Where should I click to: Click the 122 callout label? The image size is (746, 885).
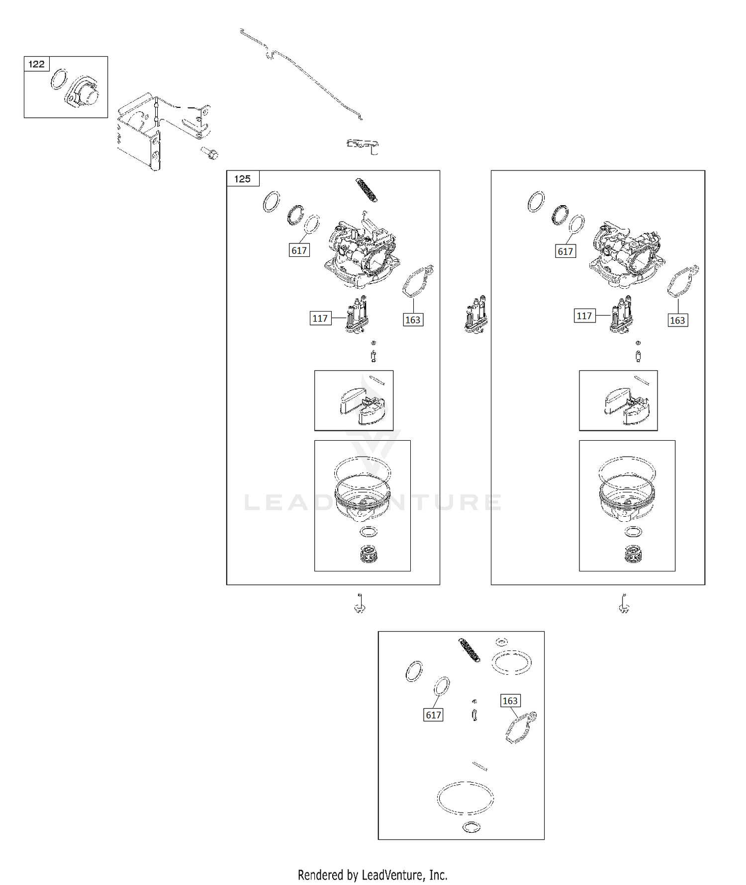tap(36, 64)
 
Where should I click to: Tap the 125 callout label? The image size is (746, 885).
tap(243, 179)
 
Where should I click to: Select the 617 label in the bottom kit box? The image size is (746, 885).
tap(433, 715)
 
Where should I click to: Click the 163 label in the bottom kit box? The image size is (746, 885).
tap(510, 701)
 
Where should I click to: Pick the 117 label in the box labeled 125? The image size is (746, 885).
tap(320, 318)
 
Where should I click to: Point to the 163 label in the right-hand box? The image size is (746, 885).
tap(677, 321)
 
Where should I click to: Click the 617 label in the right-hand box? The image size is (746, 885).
tap(565, 251)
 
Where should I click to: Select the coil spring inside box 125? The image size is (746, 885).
tap(367, 190)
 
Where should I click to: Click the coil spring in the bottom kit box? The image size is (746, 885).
tap(470, 650)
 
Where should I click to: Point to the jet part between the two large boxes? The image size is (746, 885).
tap(476, 314)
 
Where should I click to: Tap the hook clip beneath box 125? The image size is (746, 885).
tap(360, 604)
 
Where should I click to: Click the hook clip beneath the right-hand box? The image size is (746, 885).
tap(625, 604)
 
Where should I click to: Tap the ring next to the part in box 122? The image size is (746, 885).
tap(59, 80)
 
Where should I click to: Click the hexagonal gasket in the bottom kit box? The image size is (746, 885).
tap(520, 728)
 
